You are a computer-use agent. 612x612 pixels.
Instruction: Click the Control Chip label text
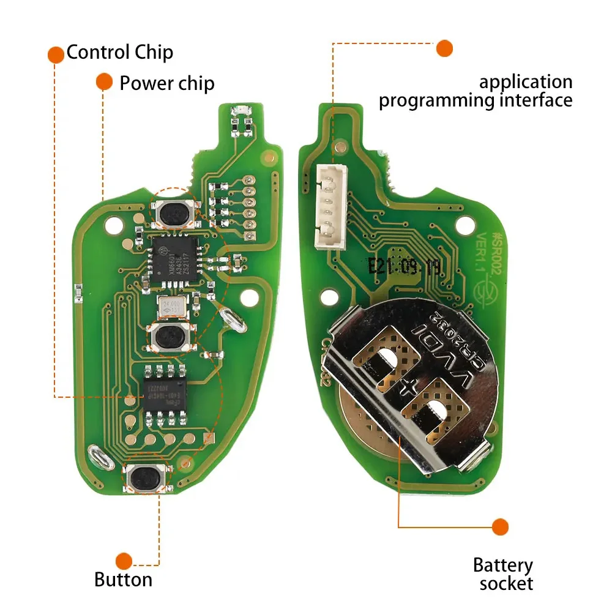click(x=119, y=52)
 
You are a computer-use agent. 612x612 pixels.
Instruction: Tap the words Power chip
click(x=166, y=83)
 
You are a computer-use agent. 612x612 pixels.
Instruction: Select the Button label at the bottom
click(x=123, y=579)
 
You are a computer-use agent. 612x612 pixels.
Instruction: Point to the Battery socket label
click(x=503, y=574)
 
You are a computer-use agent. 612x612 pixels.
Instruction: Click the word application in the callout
click(x=525, y=82)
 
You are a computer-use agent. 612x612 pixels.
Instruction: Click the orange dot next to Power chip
click(x=104, y=81)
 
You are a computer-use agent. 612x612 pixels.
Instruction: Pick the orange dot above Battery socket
click(x=501, y=526)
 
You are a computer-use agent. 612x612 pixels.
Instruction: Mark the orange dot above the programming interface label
click(x=444, y=48)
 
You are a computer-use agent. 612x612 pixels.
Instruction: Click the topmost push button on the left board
click(x=174, y=212)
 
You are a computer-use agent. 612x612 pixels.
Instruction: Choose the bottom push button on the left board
click(x=147, y=476)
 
